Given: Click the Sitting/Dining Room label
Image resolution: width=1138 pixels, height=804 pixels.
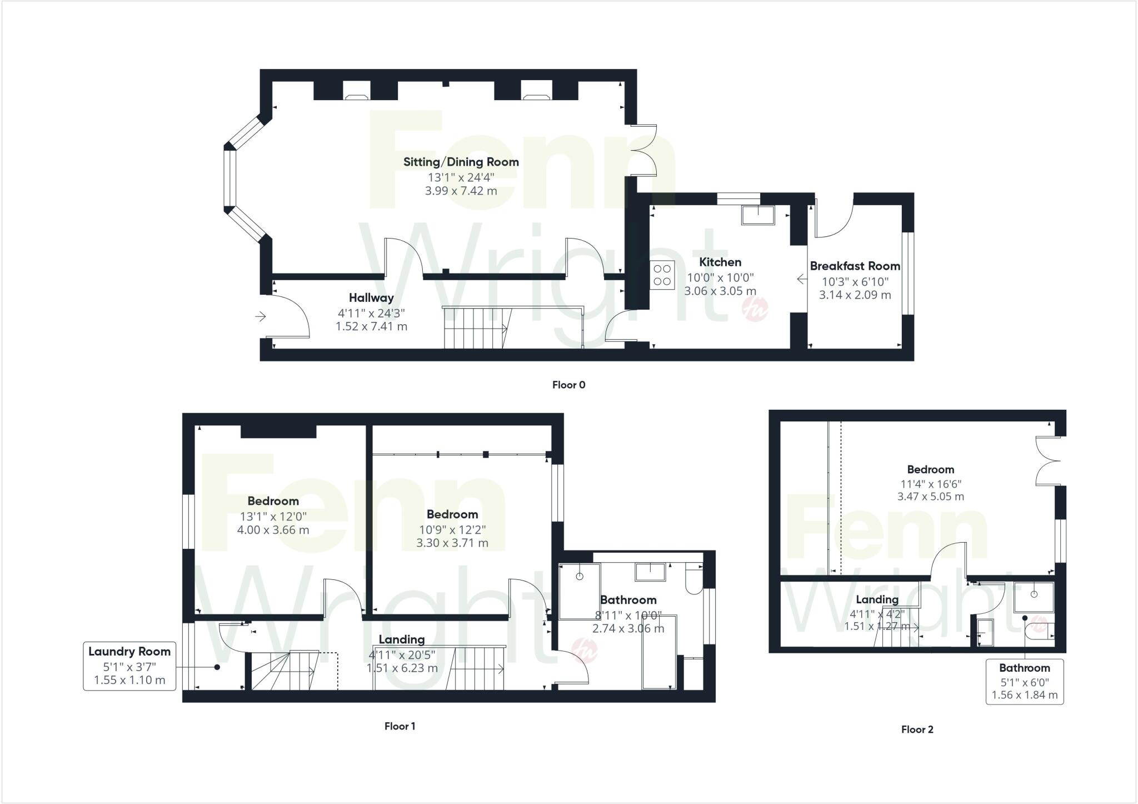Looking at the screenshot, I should pos(461,162).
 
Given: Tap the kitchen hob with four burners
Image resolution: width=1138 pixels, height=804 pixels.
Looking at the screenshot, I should pos(662,275).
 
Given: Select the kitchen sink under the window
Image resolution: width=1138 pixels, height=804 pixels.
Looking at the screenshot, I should pos(758,215).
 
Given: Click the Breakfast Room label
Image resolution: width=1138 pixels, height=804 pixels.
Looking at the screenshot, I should pos(855,266).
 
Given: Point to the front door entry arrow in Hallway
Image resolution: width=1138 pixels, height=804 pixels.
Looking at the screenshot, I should pos(260,317).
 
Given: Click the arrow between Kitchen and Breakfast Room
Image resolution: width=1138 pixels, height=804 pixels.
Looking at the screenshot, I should pos(801,279).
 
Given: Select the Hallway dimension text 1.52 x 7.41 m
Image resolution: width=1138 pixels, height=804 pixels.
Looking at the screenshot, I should pos(371,326).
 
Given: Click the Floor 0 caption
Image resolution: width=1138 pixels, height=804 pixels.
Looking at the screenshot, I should pos(568,385).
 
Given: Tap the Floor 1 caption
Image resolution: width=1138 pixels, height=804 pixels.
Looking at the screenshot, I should pos(400,726).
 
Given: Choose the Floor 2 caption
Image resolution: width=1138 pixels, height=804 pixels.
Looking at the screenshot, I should pos(917,729).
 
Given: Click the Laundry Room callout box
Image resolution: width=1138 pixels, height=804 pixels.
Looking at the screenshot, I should pos(129,666).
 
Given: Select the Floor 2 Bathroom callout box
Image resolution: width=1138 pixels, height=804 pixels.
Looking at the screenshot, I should pos(1024,682).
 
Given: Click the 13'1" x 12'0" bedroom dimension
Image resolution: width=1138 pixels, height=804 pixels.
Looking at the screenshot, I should pos(273,517).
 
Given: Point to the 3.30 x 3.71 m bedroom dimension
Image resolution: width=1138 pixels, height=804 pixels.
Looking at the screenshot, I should pos(452,543).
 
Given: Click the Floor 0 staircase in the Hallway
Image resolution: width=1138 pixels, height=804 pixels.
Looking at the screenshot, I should pos(475,328).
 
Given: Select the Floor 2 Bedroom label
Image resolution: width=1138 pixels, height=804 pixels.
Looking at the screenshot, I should pos(930,469).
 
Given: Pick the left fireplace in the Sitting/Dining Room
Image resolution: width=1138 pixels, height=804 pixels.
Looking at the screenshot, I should pos(356,91).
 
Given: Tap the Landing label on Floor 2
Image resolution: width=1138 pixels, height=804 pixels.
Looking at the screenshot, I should pos(877,599).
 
